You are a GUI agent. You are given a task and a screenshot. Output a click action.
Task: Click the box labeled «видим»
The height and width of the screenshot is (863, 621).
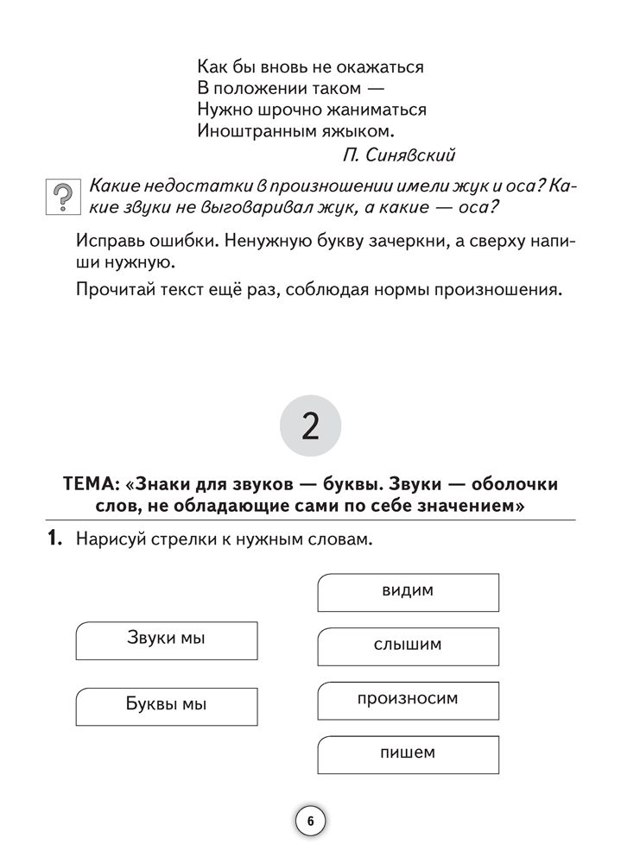(x=408, y=592)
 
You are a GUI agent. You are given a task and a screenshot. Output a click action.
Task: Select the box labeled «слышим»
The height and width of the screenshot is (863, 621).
(x=408, y=646)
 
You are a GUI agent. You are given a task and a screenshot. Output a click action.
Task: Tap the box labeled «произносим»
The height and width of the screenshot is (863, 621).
(x=408, y=699)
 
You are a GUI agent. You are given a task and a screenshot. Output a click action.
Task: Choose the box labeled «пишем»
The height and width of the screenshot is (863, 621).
(x=408, y=753)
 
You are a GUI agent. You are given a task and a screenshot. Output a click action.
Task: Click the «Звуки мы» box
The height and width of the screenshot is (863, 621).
(x=167, y=639)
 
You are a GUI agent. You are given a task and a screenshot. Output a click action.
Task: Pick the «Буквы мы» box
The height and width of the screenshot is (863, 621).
(x=167, y=705)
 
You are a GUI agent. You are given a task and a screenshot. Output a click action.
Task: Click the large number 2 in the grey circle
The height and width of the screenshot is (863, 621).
(x=310, y=425)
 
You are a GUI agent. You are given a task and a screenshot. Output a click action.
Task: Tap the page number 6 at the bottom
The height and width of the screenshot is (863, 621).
(x=310, y=821)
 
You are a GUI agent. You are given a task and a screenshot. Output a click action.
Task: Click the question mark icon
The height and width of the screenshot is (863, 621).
(x=60, y=199)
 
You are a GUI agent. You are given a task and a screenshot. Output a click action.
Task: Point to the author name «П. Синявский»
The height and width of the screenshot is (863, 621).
(x=398, y=155)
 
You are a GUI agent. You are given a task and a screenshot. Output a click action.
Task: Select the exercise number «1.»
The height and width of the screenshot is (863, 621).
(x=54, y=540)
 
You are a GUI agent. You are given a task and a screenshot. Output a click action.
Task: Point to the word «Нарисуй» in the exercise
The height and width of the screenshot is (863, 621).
(x=111, y=540)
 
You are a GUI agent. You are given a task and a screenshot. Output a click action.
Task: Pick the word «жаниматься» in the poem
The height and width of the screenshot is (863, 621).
(x=371, y=110)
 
